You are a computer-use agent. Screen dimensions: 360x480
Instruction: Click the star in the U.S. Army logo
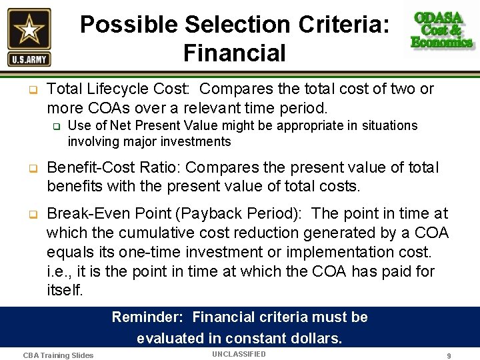(x=29, y=29)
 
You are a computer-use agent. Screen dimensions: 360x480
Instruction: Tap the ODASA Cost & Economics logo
(x=441, y=30)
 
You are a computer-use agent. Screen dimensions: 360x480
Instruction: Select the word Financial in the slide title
(x=234, y=53)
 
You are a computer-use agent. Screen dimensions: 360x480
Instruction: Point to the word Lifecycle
(x=123, y=89)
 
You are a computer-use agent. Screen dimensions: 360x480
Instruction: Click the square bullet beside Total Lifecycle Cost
(x=31, y=89)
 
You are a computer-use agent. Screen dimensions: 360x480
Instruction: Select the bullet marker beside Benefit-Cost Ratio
(x=31, y=167)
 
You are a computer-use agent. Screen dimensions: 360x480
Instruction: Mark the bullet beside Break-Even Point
(x=31, y=214)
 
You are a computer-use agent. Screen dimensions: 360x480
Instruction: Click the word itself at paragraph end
(x=64, y=291)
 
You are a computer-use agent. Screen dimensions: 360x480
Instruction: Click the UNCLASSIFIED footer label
(x=239, y=354)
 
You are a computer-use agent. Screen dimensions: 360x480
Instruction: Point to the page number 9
(x=449, y=356)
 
